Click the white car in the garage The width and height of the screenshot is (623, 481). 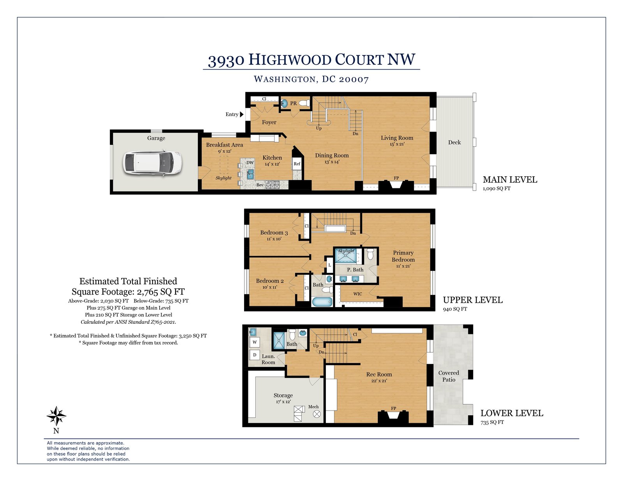tap(152, 162)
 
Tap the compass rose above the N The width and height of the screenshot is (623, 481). tap(56, 416)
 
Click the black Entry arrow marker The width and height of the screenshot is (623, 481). tap(242, 114)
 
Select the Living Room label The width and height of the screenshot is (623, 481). tap(397, 138)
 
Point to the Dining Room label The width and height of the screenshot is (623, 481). tap(332, 156)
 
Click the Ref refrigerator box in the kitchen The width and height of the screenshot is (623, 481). tap(297, 163)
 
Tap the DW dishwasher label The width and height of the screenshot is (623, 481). tap(250, 162)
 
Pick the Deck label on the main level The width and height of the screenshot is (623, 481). tap(454, 142)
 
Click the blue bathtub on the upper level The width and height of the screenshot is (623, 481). tap(322, 302)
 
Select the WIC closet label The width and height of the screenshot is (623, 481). tap(357, 294)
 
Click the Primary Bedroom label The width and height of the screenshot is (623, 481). tap(403, 256)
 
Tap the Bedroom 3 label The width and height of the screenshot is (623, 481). tap(274, 233)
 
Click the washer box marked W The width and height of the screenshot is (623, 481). tap(255, 342)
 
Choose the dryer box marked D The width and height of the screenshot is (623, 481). tap(255, 355)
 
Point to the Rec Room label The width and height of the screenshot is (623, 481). tap(379, 374)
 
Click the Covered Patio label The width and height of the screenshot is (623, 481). tap(449, 376)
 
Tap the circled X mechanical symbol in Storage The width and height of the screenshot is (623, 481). tap(317, 414)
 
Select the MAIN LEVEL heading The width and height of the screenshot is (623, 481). tap(510, 180)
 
